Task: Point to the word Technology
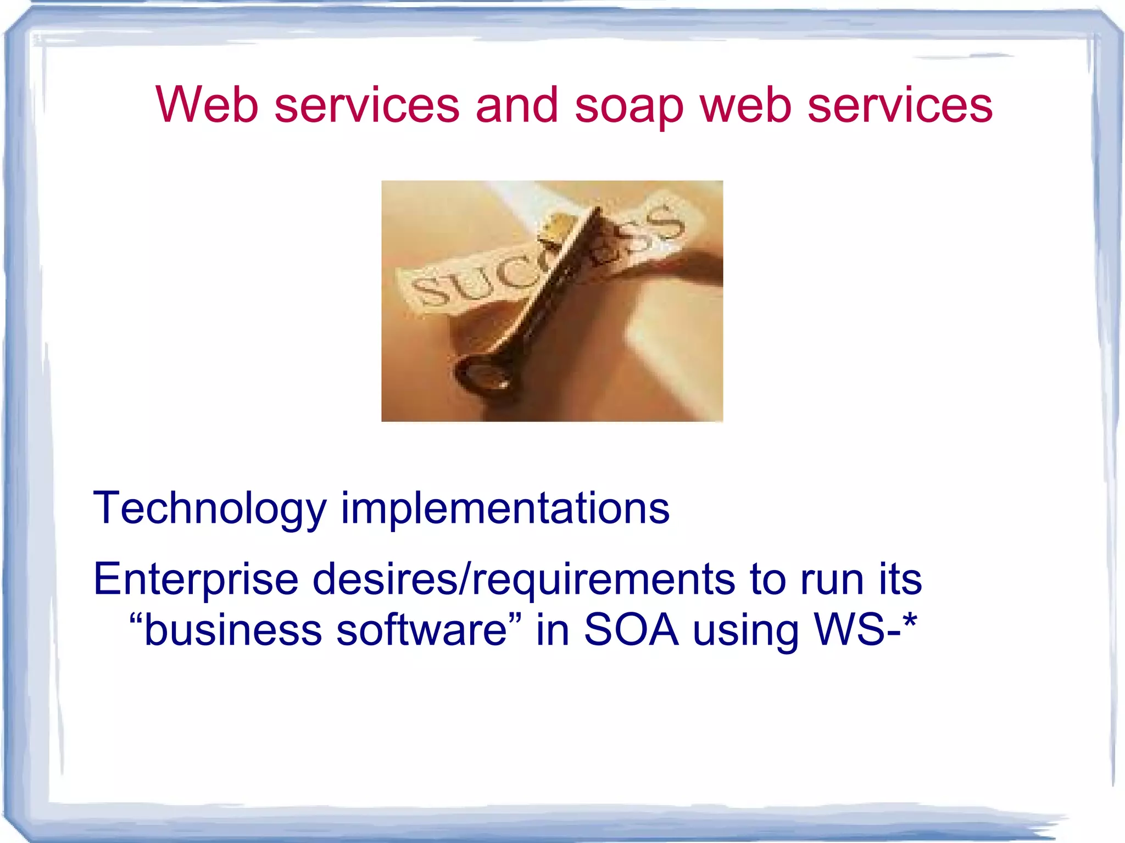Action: click(x=210, y=509)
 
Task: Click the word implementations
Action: click(x=505, y=509)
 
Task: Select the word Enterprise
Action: click(x=196, y=580)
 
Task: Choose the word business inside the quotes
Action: click(x=233, y=630)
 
